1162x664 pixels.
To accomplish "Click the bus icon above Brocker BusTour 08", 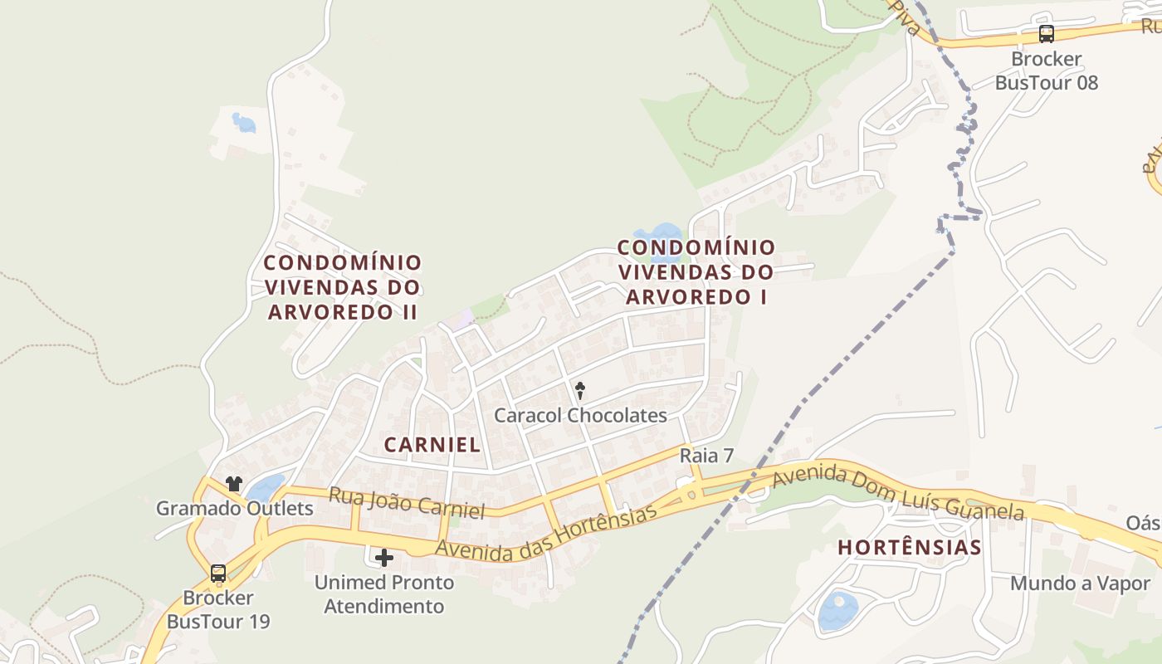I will (x=1047, y=34).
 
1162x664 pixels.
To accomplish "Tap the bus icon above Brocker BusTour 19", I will (x=218, y=573).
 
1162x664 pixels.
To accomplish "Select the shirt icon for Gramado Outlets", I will (x=233, y=483).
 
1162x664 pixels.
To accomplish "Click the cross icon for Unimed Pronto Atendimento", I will (x=383, y=557).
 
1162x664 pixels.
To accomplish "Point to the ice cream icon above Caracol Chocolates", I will (x=580, y=390).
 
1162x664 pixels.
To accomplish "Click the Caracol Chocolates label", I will (x=580, y=415).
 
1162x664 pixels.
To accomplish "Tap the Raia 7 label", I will (x=706, y=455).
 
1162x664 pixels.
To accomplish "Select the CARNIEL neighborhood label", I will (x=432, y=444).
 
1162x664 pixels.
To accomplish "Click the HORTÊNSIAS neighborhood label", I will (x=909, y=548).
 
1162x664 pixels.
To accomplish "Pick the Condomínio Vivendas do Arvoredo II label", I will (x=343, y=287).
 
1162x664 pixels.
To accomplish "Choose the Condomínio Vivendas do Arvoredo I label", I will (x=696, y=271).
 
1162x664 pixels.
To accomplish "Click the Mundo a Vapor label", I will (x=1080, y=583).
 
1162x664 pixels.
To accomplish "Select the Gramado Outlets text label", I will (x=235, y=508).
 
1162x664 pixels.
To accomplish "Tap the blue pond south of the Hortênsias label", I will (x=837, y=611).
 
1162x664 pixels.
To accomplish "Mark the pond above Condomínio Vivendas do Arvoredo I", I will (x=660, y=233).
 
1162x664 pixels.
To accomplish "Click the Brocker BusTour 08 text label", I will (x=1047, y=71).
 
